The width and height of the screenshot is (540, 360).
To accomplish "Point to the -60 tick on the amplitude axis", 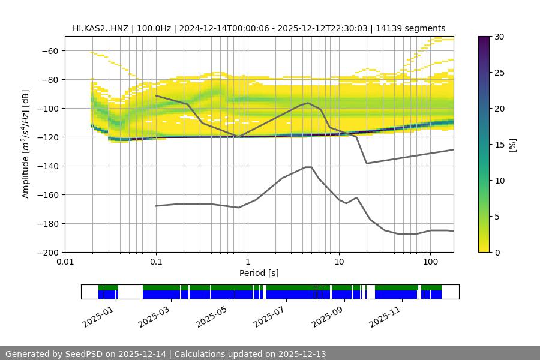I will [49, 51].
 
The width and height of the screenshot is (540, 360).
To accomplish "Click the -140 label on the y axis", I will [47, 166].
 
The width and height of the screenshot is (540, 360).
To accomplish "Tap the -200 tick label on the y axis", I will [47, 253].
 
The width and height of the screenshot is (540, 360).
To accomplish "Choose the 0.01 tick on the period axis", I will [65, 262].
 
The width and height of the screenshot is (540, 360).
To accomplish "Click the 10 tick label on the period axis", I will [338, 262].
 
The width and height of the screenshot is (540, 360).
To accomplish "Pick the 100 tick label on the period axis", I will [430, 262].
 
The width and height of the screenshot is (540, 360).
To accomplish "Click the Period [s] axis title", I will [259, 273].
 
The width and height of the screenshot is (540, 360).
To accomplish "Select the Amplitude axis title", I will [25, 144].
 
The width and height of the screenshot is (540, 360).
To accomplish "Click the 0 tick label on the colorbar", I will [498, 253].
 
